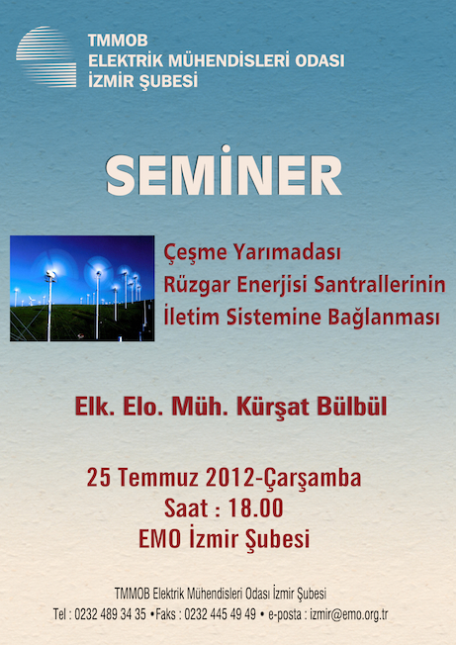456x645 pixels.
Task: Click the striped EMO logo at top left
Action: (46, 56)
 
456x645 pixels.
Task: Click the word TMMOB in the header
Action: (118, 41)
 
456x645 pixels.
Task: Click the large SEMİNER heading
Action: (224, 171)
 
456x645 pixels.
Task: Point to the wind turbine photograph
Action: (82, 288)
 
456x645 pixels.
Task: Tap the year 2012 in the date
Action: (229, 478)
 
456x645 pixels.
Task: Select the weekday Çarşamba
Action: (313, 479)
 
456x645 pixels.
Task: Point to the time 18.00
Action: (255, 508)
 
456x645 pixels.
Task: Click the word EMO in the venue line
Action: (159, 538)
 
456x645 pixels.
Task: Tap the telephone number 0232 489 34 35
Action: (110, 614)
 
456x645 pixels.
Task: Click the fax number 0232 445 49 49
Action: (220, 614)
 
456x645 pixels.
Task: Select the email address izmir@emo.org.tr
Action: (349, 614)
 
